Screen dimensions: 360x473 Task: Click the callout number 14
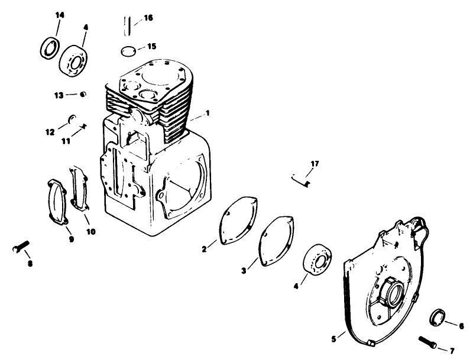(59, 14)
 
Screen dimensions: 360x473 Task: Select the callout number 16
(148, 18)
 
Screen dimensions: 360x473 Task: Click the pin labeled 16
(126, 27)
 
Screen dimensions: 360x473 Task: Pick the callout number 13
(59, 95)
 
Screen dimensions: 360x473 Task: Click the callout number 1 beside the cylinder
(208, 112)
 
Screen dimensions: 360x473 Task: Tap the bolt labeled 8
(20, 250)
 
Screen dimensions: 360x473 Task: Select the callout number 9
(72, 239)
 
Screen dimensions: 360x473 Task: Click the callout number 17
(315, 163)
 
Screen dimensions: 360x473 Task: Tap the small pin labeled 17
(301, 179)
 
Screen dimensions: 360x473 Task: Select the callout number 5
(334, 338)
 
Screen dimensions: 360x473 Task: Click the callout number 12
(50, 131)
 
